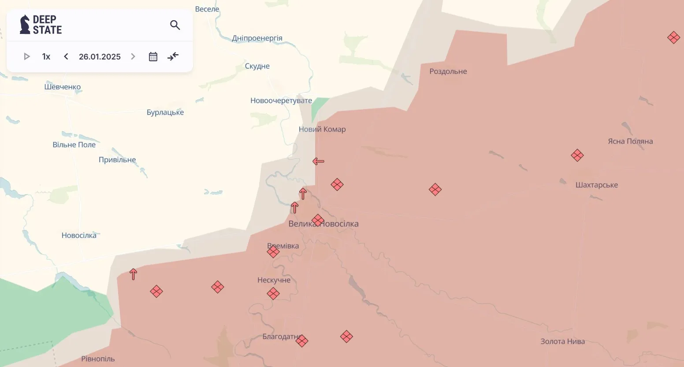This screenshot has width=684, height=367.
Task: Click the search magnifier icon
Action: pyautogui.click(x=175, y=25)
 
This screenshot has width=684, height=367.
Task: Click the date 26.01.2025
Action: pyautogui.click(x=100, y=56)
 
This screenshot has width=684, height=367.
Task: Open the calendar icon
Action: pyautogui.click(x=153, y=56)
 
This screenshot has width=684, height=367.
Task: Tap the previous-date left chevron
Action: pyautogui.click(x=66, y=56)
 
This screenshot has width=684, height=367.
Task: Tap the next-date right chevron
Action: pyautogui.click(x=133, y=56)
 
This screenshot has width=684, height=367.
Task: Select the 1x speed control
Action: pyautogui.click(x=46, y=56)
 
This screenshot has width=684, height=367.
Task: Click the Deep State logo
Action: pyautogui.click(x=41, y=25)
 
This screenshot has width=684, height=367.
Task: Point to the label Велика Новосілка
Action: pyautogui.click(x=323, y=224)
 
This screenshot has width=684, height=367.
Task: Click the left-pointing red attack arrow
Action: pyautogui.click(x=318, y=161)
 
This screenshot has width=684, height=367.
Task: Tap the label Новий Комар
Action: pyautogui.click(x=322, y=129)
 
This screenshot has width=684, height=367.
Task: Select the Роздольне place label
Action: pyautogui.click(x=448, y=71)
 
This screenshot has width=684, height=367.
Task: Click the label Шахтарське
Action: pyautogui.click(x=596, y=185)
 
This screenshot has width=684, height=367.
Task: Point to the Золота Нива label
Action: pyautogui.click(x=562, y=341)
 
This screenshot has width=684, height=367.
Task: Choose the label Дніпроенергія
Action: pyautogui.click(x=257, y=38)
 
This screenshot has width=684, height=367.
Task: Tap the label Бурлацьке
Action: pyautogui.click(x=165, y=112)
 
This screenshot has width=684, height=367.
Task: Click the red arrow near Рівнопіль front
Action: pyautogui.click(x=133, y=274)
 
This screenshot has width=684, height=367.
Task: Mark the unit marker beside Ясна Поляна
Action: pyautogui.click(x=577, y=156)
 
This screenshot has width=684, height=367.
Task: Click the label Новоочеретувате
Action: pyautogui.click(x=281, y=100)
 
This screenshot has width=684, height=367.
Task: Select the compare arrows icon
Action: pyautogui.click(x=173, y=56)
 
